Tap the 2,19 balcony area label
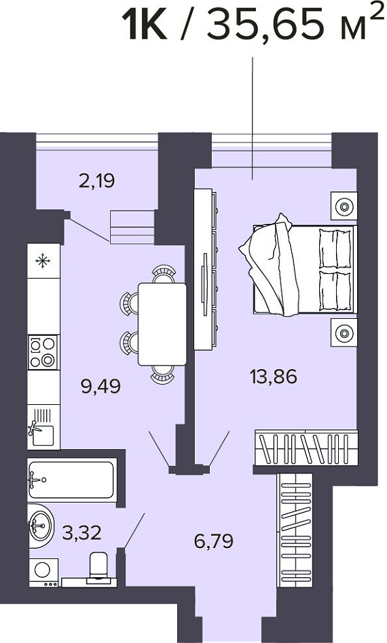(97, 180)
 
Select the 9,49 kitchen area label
(101, 386)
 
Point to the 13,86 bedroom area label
(274, 376)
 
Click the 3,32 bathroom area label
(81, 532)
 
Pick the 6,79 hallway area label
(214, 541)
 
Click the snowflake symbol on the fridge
(43, 261)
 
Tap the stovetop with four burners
(43, 352)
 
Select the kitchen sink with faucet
(43, 427)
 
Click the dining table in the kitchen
(162, 324)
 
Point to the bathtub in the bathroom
(72, 480)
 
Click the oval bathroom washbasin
(41, 526)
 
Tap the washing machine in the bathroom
(43, 572)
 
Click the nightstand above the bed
(344, 206)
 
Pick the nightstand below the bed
(344, 332)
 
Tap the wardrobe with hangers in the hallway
(295, 530)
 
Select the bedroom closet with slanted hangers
(306, 448)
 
